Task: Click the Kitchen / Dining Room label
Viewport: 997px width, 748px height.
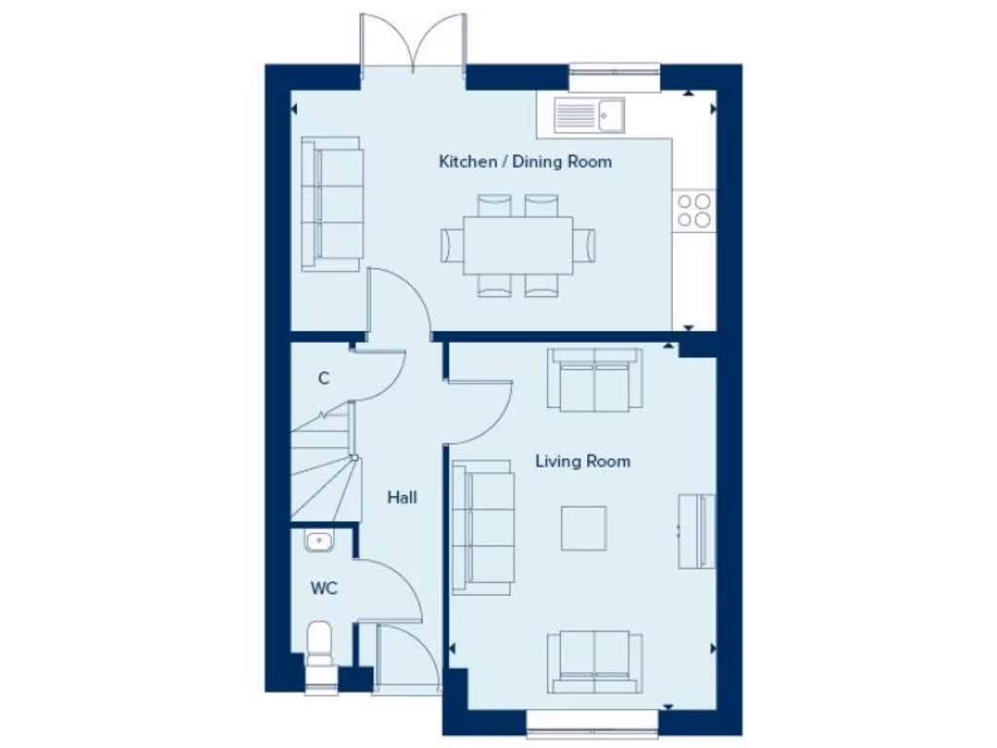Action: pyautogui.click(x=525, y=162)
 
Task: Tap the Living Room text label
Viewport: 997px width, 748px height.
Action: pyautogui.click(x=582, y=461)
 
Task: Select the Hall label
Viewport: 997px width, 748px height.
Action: pyautogui.click(x=402, y=498)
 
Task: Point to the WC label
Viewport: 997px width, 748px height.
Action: pyautogui.click(x=323, y=588)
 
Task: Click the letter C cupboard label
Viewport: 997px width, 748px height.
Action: pyautogui.click(x=323, y=379)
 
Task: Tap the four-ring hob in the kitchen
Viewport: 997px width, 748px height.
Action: pyautogui.click(x=694, y=209)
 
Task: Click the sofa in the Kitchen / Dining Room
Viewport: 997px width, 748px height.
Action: pyautogui.click(x=331, y=204)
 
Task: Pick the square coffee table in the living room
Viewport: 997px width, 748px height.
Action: pyautogui.click(x=583, y=528)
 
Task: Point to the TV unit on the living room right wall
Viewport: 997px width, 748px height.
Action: pyautogui.click(x=697, y=531)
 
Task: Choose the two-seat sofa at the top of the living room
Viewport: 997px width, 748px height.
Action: pyautogui.click(x=594, y=380)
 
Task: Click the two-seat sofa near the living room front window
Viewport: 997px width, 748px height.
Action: pyautogui.click(x=594, y=662)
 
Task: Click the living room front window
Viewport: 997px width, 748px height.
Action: pyautogui.click(x=594, y=722)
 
